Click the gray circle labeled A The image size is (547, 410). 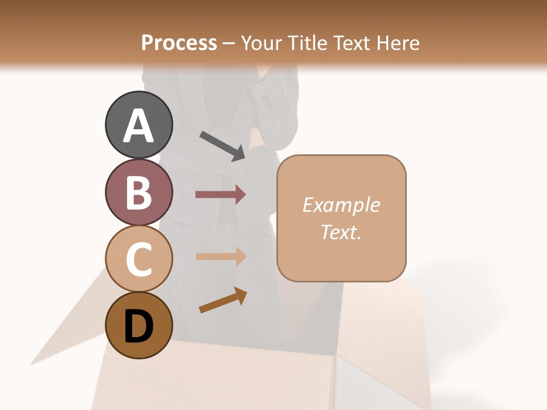tap(138, 125)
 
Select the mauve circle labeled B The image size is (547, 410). tap(138, 192)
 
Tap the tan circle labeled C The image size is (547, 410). tap(138, 259)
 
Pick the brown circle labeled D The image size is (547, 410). tap(138, 325)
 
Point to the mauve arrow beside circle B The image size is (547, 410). tap(221, 195)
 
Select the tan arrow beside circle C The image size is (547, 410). tap(221, 256)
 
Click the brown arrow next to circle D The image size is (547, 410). tap(223, 301)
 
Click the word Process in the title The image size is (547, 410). tap(179, 43)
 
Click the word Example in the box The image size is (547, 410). tap(341, 205)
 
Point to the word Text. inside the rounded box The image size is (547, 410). tap(341, 232)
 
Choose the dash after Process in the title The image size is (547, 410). tap(228, 43)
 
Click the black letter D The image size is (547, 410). tap(138, 326)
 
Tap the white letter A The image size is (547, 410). tap(138, 126)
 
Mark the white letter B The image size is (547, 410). tap(138, 192)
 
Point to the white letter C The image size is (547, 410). tap(138, 259)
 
